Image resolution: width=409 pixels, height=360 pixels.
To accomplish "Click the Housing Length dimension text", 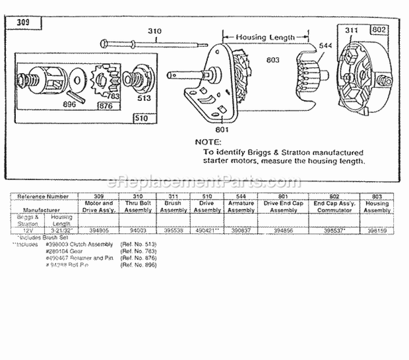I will [x=266, y=37].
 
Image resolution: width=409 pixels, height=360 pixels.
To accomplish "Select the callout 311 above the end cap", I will [x=352, y=31].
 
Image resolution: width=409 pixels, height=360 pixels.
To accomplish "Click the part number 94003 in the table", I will [x=137, y=231].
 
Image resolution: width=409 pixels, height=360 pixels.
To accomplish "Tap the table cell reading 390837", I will [x=242, y=231].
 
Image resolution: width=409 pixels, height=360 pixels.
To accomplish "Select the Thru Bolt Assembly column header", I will [x=137, y=206].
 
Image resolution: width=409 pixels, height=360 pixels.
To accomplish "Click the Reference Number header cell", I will [x=44, y=196].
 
